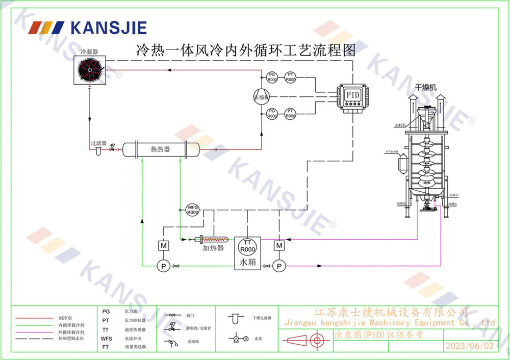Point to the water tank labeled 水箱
(247, 252)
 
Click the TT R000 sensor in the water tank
(247, 246)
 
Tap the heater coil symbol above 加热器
(213, 239)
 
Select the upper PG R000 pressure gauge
(272, 78)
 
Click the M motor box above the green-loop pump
(164, 245)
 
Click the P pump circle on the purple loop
(278, 266)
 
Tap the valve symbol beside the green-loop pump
(177, 266)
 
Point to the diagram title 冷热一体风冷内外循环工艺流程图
(245, 50)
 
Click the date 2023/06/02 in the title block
(470, 346)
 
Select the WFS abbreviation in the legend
(106, 338)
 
